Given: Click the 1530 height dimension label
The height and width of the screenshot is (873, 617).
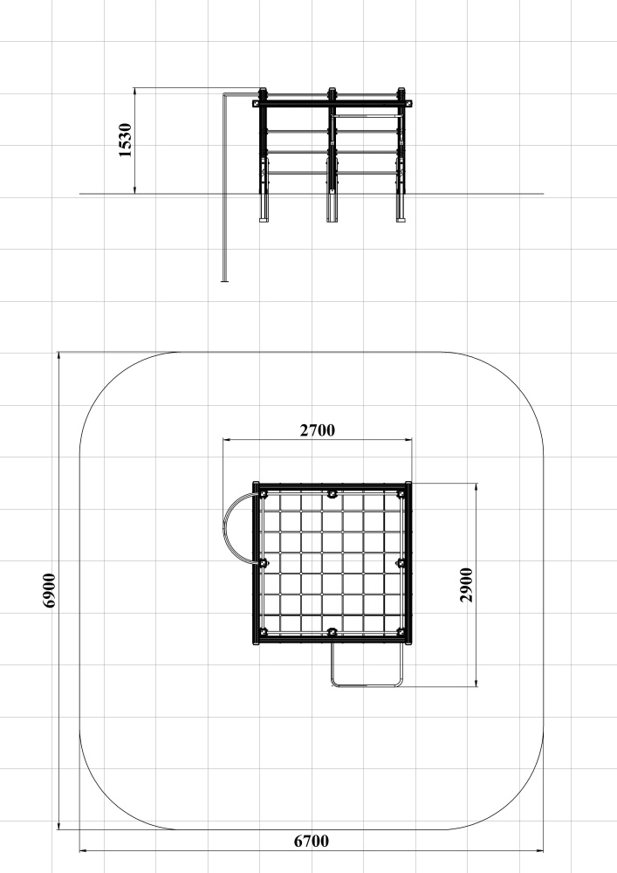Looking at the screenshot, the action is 126,141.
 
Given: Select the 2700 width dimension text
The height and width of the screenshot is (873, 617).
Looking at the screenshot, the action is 318,430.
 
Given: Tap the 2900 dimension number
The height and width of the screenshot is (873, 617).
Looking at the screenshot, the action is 466,585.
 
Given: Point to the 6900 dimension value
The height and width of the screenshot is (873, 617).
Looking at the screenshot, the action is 49,591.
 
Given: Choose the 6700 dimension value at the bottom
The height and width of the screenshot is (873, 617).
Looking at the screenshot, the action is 312,842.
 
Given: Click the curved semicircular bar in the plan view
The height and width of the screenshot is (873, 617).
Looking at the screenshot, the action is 225,529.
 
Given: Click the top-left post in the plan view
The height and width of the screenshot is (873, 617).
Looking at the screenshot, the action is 264,494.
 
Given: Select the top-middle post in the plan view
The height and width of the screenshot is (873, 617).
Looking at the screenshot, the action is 332,494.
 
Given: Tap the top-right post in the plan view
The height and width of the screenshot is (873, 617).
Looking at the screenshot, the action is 401,494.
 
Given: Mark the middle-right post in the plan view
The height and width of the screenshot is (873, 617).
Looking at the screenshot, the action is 401,563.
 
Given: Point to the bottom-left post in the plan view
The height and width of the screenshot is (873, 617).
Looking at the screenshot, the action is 264,632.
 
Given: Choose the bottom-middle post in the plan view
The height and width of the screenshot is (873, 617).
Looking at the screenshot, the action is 332,632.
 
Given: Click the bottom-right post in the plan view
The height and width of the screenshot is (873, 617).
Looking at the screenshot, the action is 401,632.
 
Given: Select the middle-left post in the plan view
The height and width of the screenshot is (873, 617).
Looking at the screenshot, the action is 264,563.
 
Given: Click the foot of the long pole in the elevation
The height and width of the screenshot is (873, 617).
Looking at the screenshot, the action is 225,281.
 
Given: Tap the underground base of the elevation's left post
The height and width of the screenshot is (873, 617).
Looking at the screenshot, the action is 264,208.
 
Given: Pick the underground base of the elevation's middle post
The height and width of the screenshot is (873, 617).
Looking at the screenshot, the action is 332,208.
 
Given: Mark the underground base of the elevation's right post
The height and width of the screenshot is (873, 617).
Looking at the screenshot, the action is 401,208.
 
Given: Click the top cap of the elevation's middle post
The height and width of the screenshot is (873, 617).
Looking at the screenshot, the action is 332,90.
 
